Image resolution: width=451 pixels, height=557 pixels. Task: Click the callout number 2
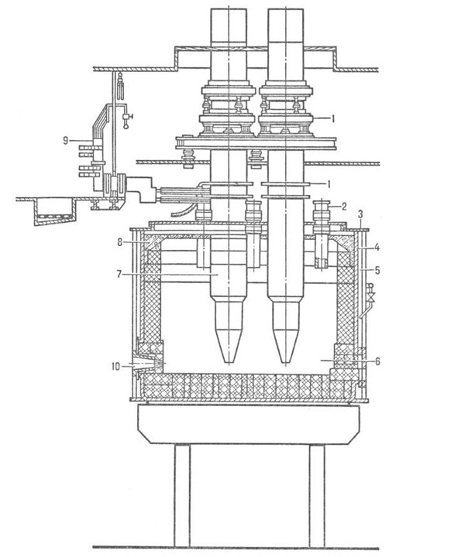pos(344,207)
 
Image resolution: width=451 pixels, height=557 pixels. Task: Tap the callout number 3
pos(360,214)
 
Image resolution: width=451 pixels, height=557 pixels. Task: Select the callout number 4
pos(377,247)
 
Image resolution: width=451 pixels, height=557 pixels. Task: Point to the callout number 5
pos(377,270)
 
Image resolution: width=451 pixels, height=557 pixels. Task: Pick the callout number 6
pos(377,361)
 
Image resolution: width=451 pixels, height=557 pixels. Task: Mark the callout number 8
pos(119,242)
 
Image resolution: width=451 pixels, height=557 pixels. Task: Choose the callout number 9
pos(65,141)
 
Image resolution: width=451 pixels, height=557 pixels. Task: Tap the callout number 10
pos(115,366)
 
